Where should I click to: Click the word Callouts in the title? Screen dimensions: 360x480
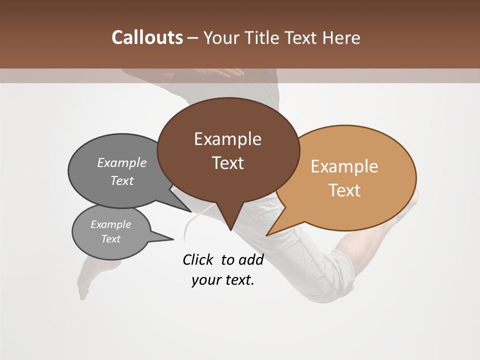coord(147,37)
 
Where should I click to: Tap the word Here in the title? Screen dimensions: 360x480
coord(341,37)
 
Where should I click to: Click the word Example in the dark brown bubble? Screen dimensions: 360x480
coord(227,139)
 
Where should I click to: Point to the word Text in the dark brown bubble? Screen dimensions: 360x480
coord(227,163)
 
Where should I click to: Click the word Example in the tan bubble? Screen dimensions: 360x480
coord(344,166)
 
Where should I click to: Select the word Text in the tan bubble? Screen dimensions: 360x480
coord(344,190)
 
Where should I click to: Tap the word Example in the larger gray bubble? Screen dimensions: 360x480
coord(122,162)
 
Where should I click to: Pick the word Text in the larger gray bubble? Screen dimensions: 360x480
coord(122,180)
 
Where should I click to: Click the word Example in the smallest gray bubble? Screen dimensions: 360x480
coord(110,224)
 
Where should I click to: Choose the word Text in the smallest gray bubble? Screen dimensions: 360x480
coord(110,239)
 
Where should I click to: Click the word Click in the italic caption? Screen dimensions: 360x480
coord(199,259)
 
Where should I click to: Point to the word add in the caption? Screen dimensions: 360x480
coord(251,259)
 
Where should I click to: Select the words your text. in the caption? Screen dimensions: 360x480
coord(223,280)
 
